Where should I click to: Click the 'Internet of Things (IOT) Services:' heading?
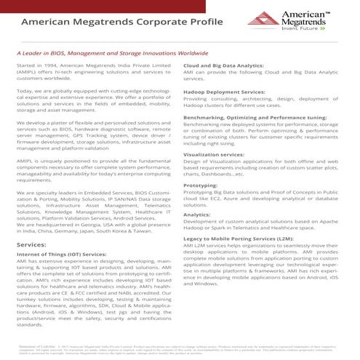click(x=64, y=256)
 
